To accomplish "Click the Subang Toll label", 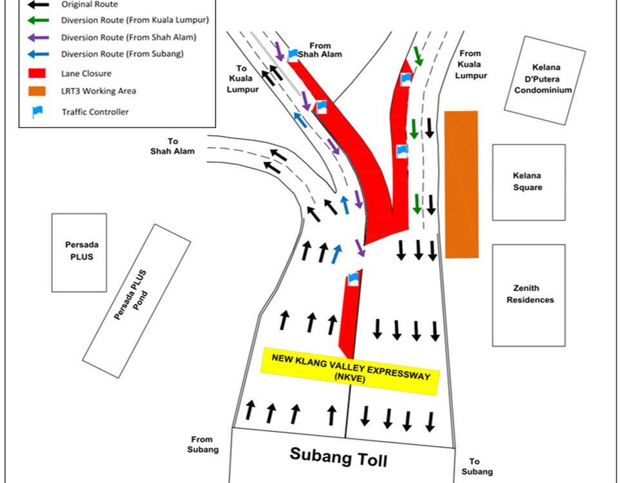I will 338,457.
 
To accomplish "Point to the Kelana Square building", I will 528,182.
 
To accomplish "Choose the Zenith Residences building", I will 529,294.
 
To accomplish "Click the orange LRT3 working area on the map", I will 461,184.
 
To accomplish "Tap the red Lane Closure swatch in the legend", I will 37,73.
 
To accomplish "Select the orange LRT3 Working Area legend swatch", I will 37,91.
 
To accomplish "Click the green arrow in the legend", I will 37,20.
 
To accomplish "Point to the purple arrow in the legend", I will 37,37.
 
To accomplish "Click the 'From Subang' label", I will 203,444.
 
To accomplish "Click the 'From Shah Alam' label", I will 324,50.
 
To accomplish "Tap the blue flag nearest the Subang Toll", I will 353,279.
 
